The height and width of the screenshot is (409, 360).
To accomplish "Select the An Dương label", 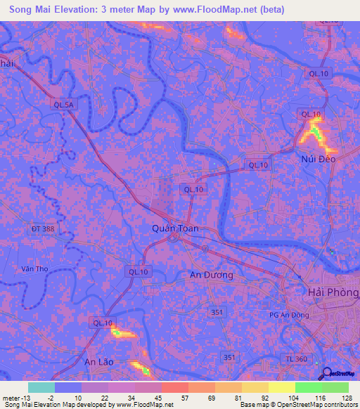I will coord(212,275).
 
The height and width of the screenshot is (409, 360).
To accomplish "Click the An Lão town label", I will coord(98,362).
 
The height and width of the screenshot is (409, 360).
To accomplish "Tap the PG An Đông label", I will coord(290,315).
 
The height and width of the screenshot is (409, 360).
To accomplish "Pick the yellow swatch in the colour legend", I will coord(281,387).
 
